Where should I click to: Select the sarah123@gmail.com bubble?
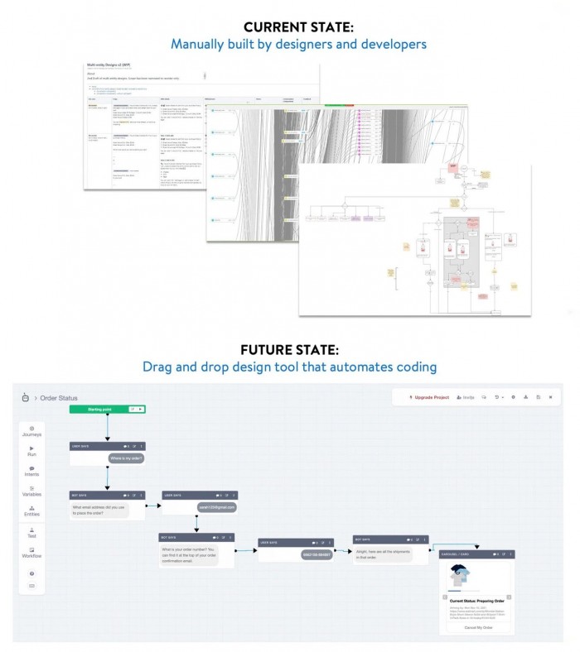pos(216,506)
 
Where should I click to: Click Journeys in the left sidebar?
pos(32,431)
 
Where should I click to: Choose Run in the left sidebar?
pos(32,452)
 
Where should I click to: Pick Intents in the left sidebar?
pos(32,472)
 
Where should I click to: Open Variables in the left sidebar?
pos(32,492)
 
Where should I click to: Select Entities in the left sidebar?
pos(32,512)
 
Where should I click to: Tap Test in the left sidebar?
pos(32,533)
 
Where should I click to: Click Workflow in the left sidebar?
pos(32,553)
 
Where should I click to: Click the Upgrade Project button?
pos(429,397)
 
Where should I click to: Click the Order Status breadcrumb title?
pos(59,398)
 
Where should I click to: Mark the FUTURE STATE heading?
pos(289,350)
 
